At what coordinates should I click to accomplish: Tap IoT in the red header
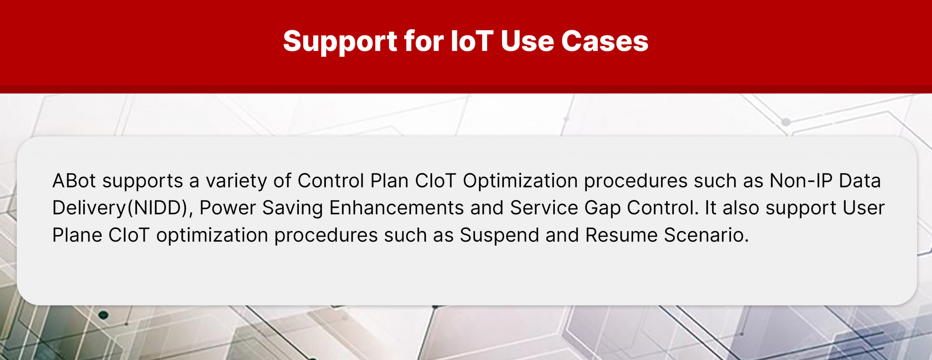[472, 41]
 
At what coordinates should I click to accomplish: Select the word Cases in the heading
[605, 41]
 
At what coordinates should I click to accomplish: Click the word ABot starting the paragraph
[74, 181]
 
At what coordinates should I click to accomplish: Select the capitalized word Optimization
[520, 181]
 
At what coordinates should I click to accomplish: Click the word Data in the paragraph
[860, 181]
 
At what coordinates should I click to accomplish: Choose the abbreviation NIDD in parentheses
[161, 208]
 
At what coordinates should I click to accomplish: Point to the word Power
[228, 208]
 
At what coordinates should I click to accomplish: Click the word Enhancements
[396, 208]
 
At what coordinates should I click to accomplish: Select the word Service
[544, 208]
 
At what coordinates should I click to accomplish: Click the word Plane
[77, 235]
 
